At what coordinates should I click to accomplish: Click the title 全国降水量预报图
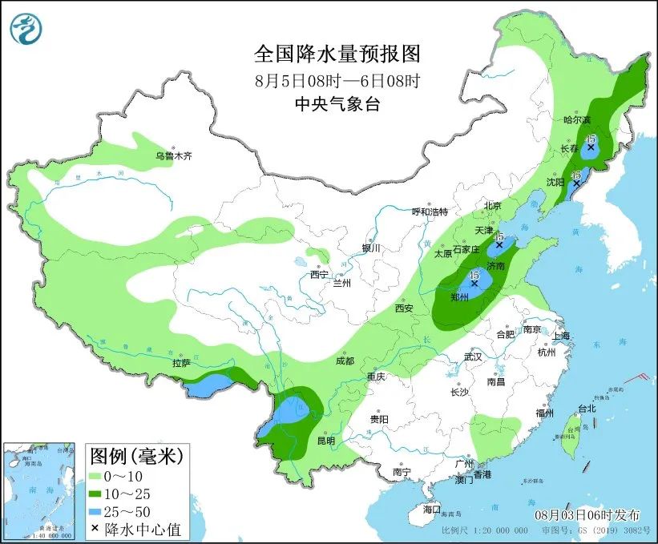[x=337, y=54]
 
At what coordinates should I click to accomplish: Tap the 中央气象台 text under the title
[x=337, y=103]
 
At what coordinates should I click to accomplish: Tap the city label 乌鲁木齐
[x=174, y=155]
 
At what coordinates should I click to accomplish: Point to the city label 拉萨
[x=180, y=363]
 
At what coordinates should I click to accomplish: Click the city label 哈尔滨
[x=575, y=119]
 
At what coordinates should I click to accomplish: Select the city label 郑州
[x=460, y=296]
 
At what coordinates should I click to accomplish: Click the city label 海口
[x=432, y=510]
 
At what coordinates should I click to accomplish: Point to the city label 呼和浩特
[x=430, y=212]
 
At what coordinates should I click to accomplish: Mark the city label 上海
[x=560, y=336]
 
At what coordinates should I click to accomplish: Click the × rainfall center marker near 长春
[x=591, y=147]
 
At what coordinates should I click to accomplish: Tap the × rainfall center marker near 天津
[x=499, y=245]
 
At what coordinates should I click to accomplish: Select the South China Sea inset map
[x=42, y=491]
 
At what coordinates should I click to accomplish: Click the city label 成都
[x=345, y=361]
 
